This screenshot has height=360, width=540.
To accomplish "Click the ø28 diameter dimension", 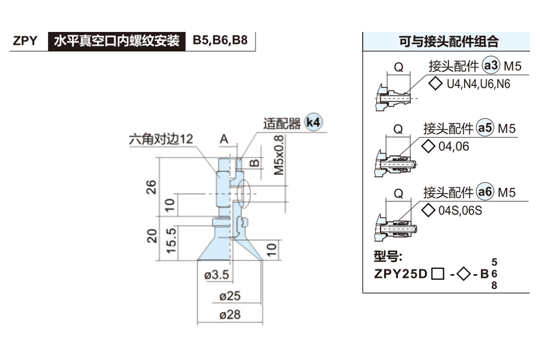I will click(230, 315).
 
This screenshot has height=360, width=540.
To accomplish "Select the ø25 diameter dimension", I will click(230, 296).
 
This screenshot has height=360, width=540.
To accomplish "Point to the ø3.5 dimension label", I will click(217, 274).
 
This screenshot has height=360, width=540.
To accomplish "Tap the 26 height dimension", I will click(152, 186).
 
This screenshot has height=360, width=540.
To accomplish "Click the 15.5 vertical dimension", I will click(171, 240).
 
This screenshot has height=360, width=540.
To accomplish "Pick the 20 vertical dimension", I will click(152, 236).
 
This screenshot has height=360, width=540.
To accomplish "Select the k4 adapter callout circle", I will click(314, 122).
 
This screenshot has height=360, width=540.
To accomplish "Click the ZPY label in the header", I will click(25, 41).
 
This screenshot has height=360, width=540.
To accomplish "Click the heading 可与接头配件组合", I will click(449, 42).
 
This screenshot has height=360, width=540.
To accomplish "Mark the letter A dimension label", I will click(224, 139).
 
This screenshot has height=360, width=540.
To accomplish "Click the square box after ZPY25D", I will click(436, 273).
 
